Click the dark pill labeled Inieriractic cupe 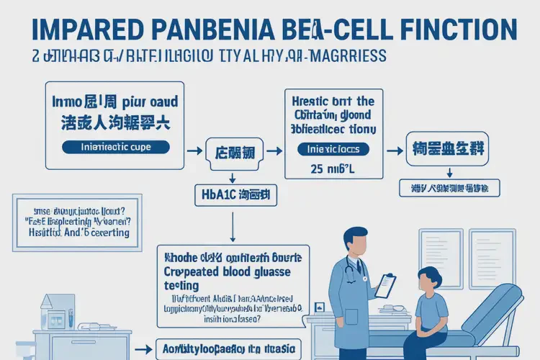(116, 147)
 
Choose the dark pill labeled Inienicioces (333, 149)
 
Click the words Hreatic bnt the (330, 102)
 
